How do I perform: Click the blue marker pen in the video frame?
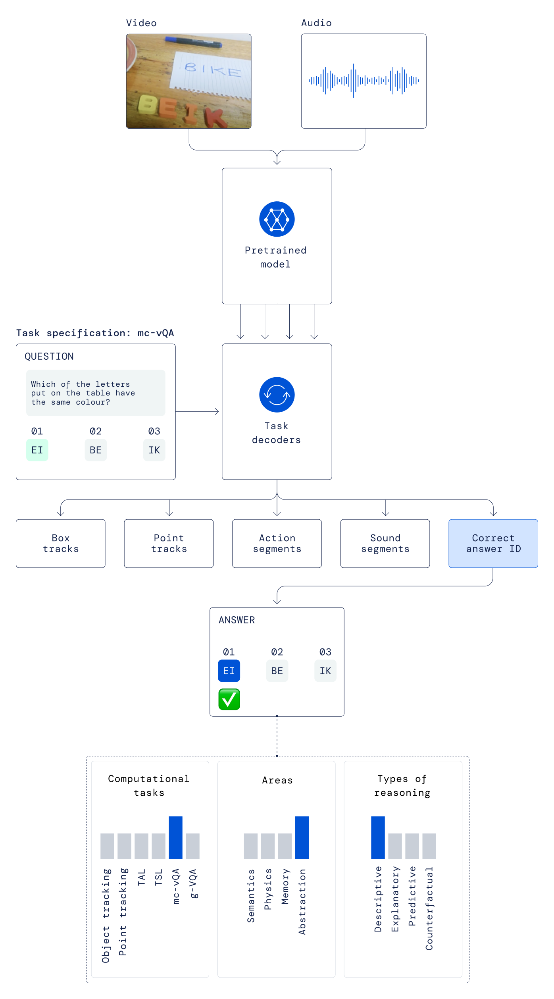coord(194,42)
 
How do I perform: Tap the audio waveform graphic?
coord(364,81)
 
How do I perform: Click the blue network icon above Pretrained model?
coord(277,219)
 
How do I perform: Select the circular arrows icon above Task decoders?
coord(277,395)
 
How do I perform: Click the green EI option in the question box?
coord(37,450)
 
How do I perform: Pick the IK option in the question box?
coord(154,450)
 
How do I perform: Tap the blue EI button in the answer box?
coord(229,671)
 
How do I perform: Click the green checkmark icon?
coord(229,699)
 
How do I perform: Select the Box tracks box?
coord(60,543)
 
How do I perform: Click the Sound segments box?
coord(385,543)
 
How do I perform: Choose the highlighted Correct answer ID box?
coord(493,543)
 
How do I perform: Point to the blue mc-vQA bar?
coord(175,837)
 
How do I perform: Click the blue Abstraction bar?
coord(302,837)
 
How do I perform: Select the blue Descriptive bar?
coord(378,837)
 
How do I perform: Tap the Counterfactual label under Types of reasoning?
coord(429,908)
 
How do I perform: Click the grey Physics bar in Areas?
coord(267,846)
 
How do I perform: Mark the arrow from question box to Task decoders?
coord(197,411)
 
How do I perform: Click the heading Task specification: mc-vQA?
coord(95,333)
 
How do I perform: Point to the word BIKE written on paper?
coord(212,70)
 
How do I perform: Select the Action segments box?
coord(277,543)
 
